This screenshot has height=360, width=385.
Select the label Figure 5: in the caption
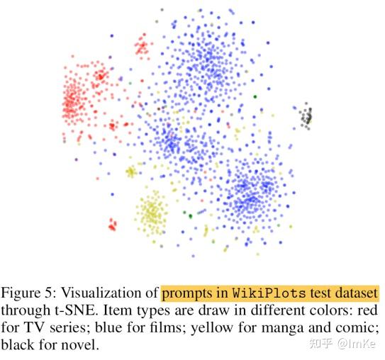pos(29,293)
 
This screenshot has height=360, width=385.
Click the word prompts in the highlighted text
pos(186,293)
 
